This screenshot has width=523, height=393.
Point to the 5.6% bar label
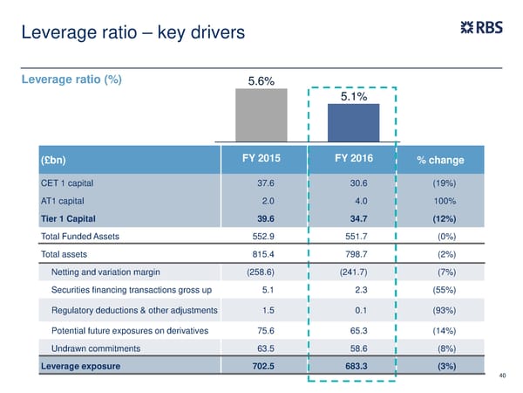coord(261,82)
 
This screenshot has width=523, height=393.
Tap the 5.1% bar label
coord(352,97)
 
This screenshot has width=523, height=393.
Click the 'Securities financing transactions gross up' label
coord(131,290)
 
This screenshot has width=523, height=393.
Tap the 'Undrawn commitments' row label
coord(95,348)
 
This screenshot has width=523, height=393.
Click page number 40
coord(502,376)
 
